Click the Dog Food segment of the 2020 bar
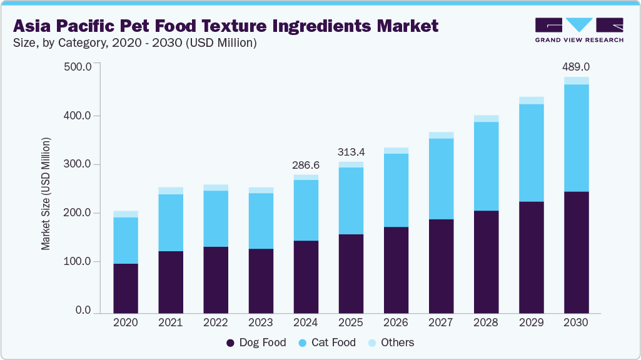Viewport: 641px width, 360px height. point(126,287)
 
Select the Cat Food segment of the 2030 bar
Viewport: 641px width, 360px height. point(576,137)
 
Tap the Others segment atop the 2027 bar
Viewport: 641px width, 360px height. point(441,135)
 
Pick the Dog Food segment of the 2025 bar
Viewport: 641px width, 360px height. point(351,273)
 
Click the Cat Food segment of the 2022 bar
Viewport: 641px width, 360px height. point(216,219)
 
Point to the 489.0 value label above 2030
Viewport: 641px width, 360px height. point(576,66)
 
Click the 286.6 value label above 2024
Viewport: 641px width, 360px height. point(306,166)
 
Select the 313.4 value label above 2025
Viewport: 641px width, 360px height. point(351,152)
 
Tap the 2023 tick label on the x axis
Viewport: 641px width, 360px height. point(261,323)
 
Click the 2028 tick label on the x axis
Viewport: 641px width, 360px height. point(486,323)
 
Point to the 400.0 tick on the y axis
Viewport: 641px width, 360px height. point(78,116)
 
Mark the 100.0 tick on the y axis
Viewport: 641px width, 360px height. point(78,262)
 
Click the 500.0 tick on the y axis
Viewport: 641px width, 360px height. point(78,67)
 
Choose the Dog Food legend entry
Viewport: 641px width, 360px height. point(256,342)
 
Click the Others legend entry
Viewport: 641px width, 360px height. point(391,342)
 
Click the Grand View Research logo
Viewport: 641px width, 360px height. point(579,29)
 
